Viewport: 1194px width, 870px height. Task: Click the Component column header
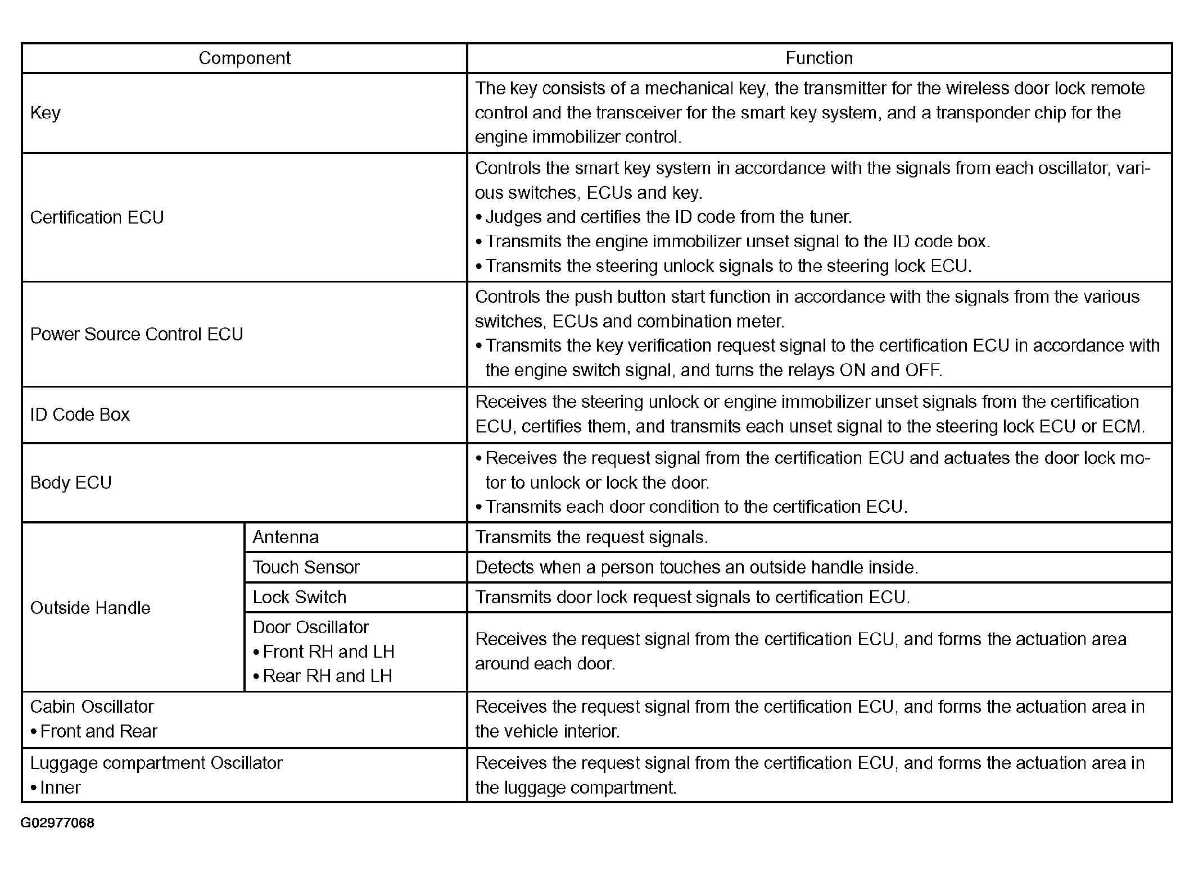pyautogui.click(x=245, y=58)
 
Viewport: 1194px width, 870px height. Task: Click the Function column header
pyautogui.click(x=818, y=58)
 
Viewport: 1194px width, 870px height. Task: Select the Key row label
pyautogui.click(x=46, y=113)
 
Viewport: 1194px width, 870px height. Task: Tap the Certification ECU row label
pyautogui.click(x=97, y=217)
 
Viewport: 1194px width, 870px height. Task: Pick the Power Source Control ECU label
pyautogui.click(x=137, y=334)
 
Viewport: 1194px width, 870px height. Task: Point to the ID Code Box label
pyautogui.click(x=80, y=414)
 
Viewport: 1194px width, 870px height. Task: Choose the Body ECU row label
pyautogui.click(x=71, y=482)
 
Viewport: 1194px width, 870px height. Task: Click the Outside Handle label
pyautogui.click(x=91, y=608)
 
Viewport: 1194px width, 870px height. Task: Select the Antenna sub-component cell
pyautogui.click(x=286, y=538)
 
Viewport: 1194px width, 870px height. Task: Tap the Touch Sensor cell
pyautogui.click(x=306, y=567)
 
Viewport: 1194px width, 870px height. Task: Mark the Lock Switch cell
pyautogui.click(x=300, y=597)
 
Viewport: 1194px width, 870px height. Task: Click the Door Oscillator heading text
pyautogui.click(x=311, y=627)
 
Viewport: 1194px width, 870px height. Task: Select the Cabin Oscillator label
pyautogui.click(x=92, y=707)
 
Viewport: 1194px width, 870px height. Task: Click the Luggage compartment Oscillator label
pyautogui.click(x=156, y=763)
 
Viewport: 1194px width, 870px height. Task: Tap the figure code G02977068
pyautogui.click(x=57, y=823)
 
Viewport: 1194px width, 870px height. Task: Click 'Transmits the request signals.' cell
pyautogui.click(x=591, y=538)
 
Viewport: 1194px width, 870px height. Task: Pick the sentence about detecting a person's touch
pyautogui.click(x=696, y=567)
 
